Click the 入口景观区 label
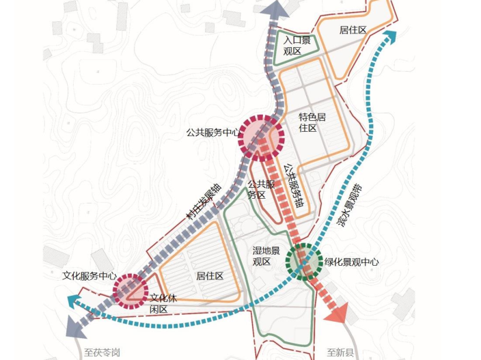297,46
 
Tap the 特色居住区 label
312,122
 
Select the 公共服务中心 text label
212,133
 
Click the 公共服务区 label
260,189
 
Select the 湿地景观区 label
266,256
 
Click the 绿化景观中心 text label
351,262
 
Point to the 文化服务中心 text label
85,276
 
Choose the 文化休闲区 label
163,303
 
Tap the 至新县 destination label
340,352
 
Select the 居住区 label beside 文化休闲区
210,276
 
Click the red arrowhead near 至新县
336,314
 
